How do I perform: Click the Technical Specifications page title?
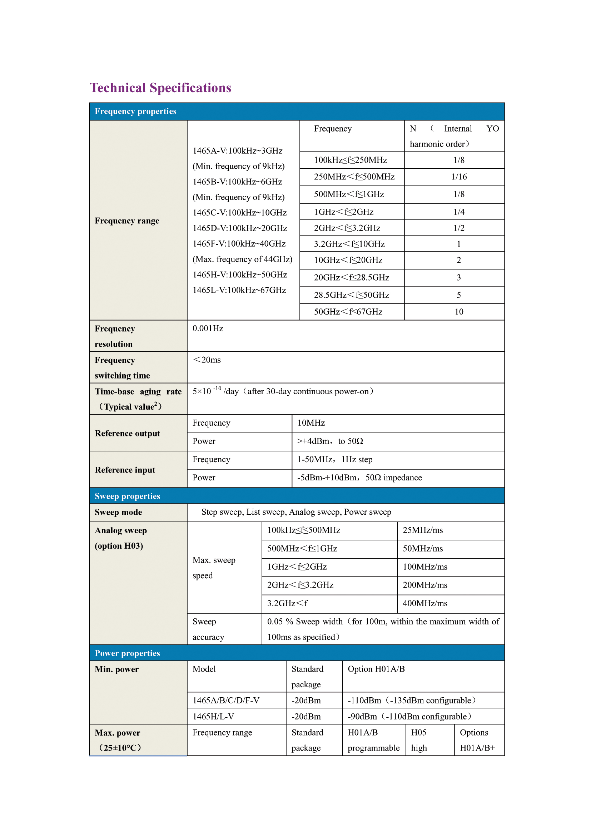[160, 88]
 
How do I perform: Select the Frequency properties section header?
[135, 111]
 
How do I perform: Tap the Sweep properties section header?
[127, 496]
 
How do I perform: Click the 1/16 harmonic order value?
[458, 177]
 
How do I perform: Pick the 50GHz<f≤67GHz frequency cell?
[348, 312]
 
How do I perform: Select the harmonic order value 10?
[458, 312]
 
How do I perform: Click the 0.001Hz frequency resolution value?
[208, 328]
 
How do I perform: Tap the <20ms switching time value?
[207, 360]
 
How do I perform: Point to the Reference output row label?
[127, 433]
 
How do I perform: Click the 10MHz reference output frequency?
[311, 423]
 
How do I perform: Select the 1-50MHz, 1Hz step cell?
[335, 460]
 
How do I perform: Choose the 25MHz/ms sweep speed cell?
[422, 530]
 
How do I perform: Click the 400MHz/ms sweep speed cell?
[425, 603]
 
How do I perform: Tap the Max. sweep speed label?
[214, 568]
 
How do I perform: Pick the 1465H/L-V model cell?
[213, 717]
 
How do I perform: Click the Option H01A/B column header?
[376, 669]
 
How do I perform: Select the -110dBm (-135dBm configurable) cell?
[412, 701]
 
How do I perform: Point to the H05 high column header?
[419, 740]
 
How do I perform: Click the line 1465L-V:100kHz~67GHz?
[239, 290]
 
